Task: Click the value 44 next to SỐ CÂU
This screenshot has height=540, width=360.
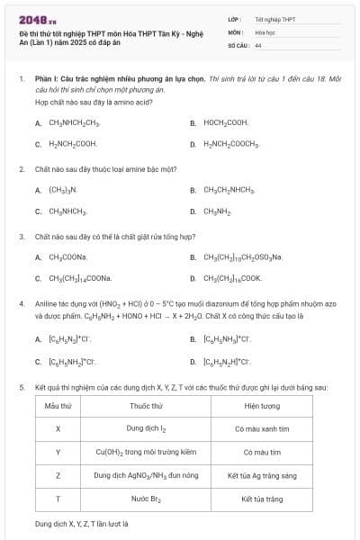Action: pyautogui.click(x=258, y=44)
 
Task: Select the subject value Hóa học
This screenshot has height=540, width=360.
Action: pyautogui.click(x=264, y=31)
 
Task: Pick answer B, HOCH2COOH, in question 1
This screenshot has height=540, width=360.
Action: pyautogui.click(x=225, y=121)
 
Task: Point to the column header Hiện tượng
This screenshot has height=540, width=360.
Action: pyautogui.click(x=262, y=406)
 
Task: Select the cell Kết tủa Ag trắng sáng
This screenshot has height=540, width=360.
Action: pyautogui.click(x=262, y=474)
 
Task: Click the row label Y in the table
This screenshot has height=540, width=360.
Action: pyautogui.click(x=58, y=452)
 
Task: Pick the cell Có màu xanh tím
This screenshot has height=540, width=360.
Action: pyautogui.click(x=262, y=428)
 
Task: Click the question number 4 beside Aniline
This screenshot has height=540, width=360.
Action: pyautogui.click(x=21, y=305)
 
